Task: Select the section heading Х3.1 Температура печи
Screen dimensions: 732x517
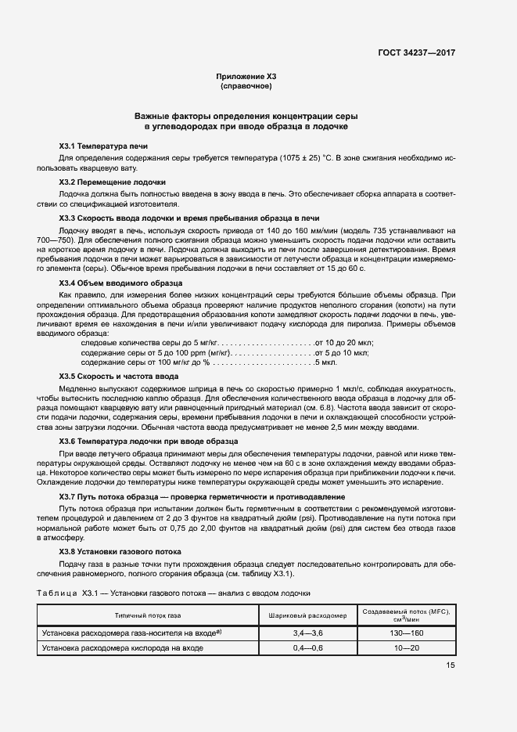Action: pos(103,146)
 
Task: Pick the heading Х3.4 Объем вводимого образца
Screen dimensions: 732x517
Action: pos(121,281)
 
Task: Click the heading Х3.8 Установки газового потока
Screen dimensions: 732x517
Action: pos(120,551)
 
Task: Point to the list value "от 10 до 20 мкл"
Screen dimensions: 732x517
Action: pos(344,342)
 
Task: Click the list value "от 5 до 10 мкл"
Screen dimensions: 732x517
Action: pos(342,352)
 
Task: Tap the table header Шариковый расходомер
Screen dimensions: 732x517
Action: pos(308,615)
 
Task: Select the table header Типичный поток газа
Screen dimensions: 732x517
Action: pos(148,615)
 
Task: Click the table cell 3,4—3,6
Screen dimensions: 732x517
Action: pos(308,633)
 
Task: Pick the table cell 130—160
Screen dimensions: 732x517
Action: pos(407,633)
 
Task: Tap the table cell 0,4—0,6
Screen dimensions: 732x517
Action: pos(308,649)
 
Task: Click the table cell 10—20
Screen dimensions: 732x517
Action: pos(407,649)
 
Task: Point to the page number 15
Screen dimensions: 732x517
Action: pos(451,665)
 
